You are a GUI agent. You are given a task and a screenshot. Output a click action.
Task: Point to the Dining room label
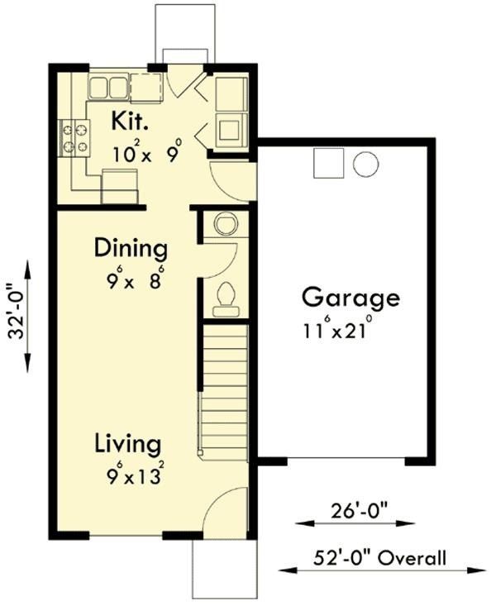point(130,248)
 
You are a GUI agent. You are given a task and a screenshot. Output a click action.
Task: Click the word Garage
point(350,297)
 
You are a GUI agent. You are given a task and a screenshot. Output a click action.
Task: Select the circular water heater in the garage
point(365,164)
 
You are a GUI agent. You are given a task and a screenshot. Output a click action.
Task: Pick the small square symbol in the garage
point(327,164)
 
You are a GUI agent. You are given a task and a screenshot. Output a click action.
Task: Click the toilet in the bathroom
point(226,300)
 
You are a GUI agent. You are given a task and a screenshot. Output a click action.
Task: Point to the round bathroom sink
point(225,223)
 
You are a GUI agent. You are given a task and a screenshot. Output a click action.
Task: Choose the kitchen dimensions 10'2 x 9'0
point(146,154)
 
